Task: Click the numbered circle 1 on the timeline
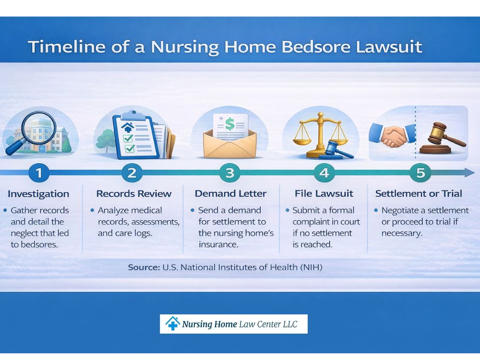click(39, 173)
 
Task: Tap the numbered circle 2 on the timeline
click(132, 173)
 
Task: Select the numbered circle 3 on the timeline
click(230, 173)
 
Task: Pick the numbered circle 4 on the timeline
click(324, 173)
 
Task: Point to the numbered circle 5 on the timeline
click(420, 173)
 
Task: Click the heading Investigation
click(38, 194)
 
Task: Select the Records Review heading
click(134, 194)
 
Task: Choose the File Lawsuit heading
click(324, 194)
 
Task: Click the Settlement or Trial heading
click(419, 194)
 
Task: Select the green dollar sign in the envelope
click(229, 124)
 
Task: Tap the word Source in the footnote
click(143, 267)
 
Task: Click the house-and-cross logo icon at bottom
click(172, 324)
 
